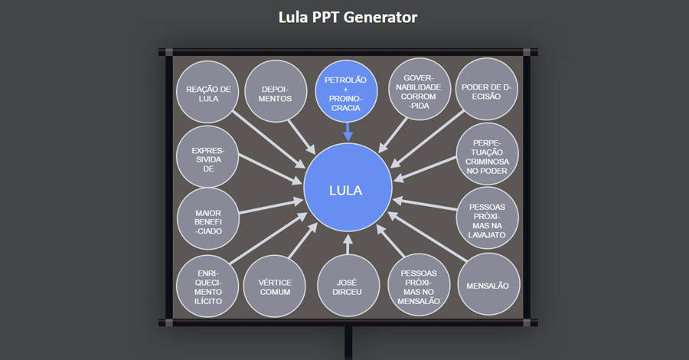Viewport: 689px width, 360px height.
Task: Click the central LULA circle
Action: coord(348,190)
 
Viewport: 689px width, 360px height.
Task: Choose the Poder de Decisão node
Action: coord(487,92)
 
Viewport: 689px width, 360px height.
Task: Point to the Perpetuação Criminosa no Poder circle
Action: coord(487,155)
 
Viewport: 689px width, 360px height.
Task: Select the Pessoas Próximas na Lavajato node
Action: coord(487,218)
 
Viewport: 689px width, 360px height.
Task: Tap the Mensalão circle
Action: coord(487,285)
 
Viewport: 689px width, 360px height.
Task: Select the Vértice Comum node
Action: coord(276,286)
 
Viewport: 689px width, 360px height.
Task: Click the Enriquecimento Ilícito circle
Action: coord(207,286)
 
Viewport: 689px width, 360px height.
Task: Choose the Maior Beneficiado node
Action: coord(207,218)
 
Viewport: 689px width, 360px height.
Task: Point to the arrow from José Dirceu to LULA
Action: coord(348,245)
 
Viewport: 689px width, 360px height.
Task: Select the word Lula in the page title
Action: coord(293,17)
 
